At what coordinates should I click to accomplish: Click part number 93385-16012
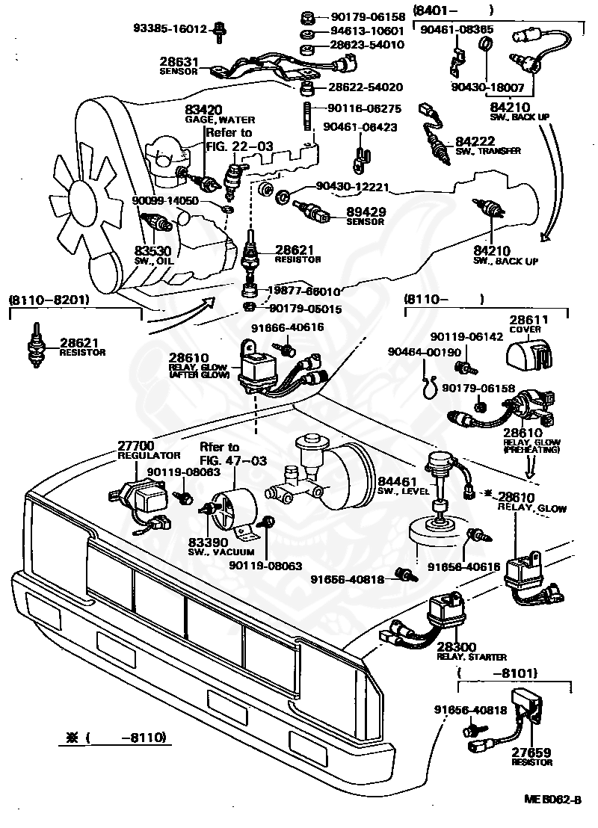(170, 29)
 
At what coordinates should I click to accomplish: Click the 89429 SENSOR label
(365, 217)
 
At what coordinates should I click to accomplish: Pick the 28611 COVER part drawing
(531, 351)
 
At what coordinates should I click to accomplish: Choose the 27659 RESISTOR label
(531, 757)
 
